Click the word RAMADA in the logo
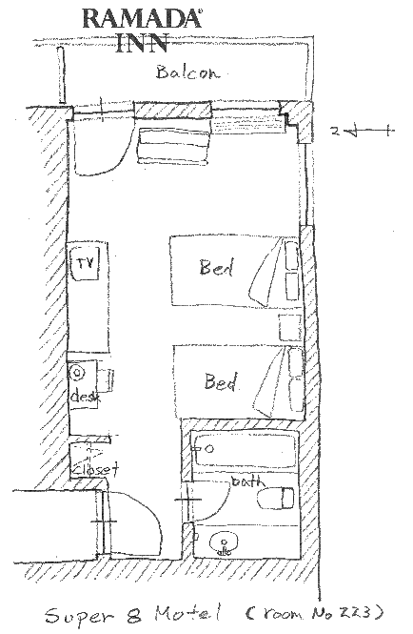142,19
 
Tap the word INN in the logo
142,42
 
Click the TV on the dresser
85,264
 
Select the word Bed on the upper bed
216,267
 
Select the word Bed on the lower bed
221,381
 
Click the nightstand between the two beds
290,327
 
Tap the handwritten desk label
86,396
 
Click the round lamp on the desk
77,373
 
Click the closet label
96,469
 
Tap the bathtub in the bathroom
245,450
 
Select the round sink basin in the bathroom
224,543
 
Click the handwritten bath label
247,481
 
